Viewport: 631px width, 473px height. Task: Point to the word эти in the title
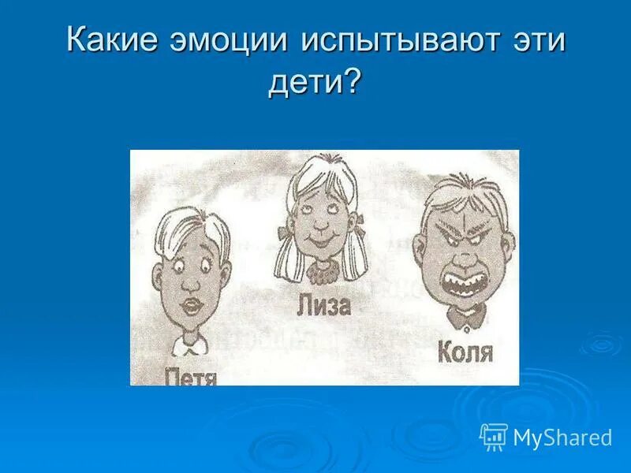coord(539,41)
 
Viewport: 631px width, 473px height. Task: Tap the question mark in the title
coord(352,80)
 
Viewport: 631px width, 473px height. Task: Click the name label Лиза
coord(325,305)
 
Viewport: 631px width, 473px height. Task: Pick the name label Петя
coord(192,377)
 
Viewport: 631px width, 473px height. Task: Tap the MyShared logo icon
coord(493,436)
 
